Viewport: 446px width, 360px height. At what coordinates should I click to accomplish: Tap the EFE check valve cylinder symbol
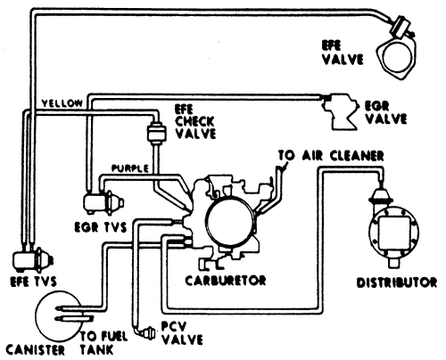click(156, 133)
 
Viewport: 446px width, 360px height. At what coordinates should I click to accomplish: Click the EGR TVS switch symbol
click(103, 204)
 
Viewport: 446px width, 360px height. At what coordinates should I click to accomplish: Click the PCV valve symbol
click(148, 333)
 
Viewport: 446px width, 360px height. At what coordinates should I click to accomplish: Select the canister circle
click(58, 315)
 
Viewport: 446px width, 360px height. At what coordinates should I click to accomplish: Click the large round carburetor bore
click(230, 221)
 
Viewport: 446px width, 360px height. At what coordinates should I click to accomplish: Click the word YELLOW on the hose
click(62, 103)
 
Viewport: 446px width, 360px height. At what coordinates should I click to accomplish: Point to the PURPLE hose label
click(130, 168)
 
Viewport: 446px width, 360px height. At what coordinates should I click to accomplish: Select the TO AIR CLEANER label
click(331, 156)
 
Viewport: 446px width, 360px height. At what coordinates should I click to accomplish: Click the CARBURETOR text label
click(226, 281)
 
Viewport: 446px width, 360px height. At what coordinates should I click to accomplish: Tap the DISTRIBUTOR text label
click(397, 282)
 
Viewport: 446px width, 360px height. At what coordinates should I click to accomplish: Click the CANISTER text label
click(35, 349)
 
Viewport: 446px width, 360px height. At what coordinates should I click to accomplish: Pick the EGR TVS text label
click(101, 227)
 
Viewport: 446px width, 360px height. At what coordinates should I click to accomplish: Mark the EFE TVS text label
click(33, 282)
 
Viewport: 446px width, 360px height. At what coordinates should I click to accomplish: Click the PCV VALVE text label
click(182, 333)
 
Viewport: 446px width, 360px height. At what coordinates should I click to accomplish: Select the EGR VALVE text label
click(385, 112)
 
